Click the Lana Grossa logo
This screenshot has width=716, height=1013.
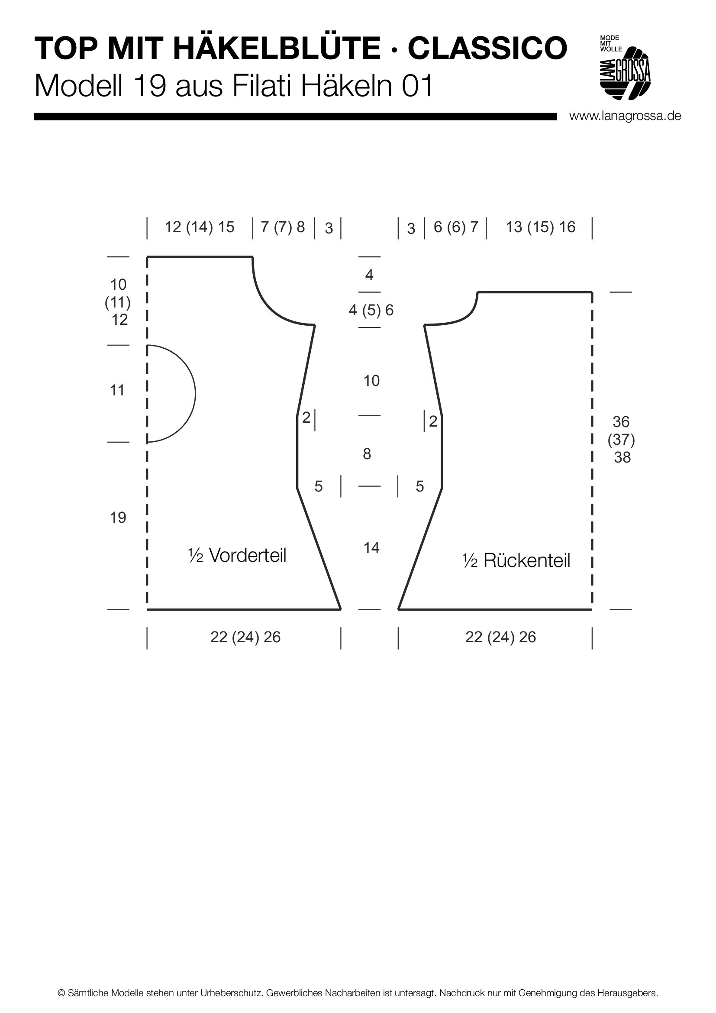coord(625,68)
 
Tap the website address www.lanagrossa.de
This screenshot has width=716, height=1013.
coord(625,116)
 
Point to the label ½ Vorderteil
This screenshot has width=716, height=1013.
coord(237,555)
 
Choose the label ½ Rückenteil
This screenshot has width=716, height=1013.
coord(516,560)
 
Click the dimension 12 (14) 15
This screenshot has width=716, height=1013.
coord(199,227)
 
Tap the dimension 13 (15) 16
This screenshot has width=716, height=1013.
coord(541,227)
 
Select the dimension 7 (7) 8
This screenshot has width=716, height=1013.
coord(283,227)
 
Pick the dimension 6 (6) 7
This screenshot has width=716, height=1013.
coord(456,227)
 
